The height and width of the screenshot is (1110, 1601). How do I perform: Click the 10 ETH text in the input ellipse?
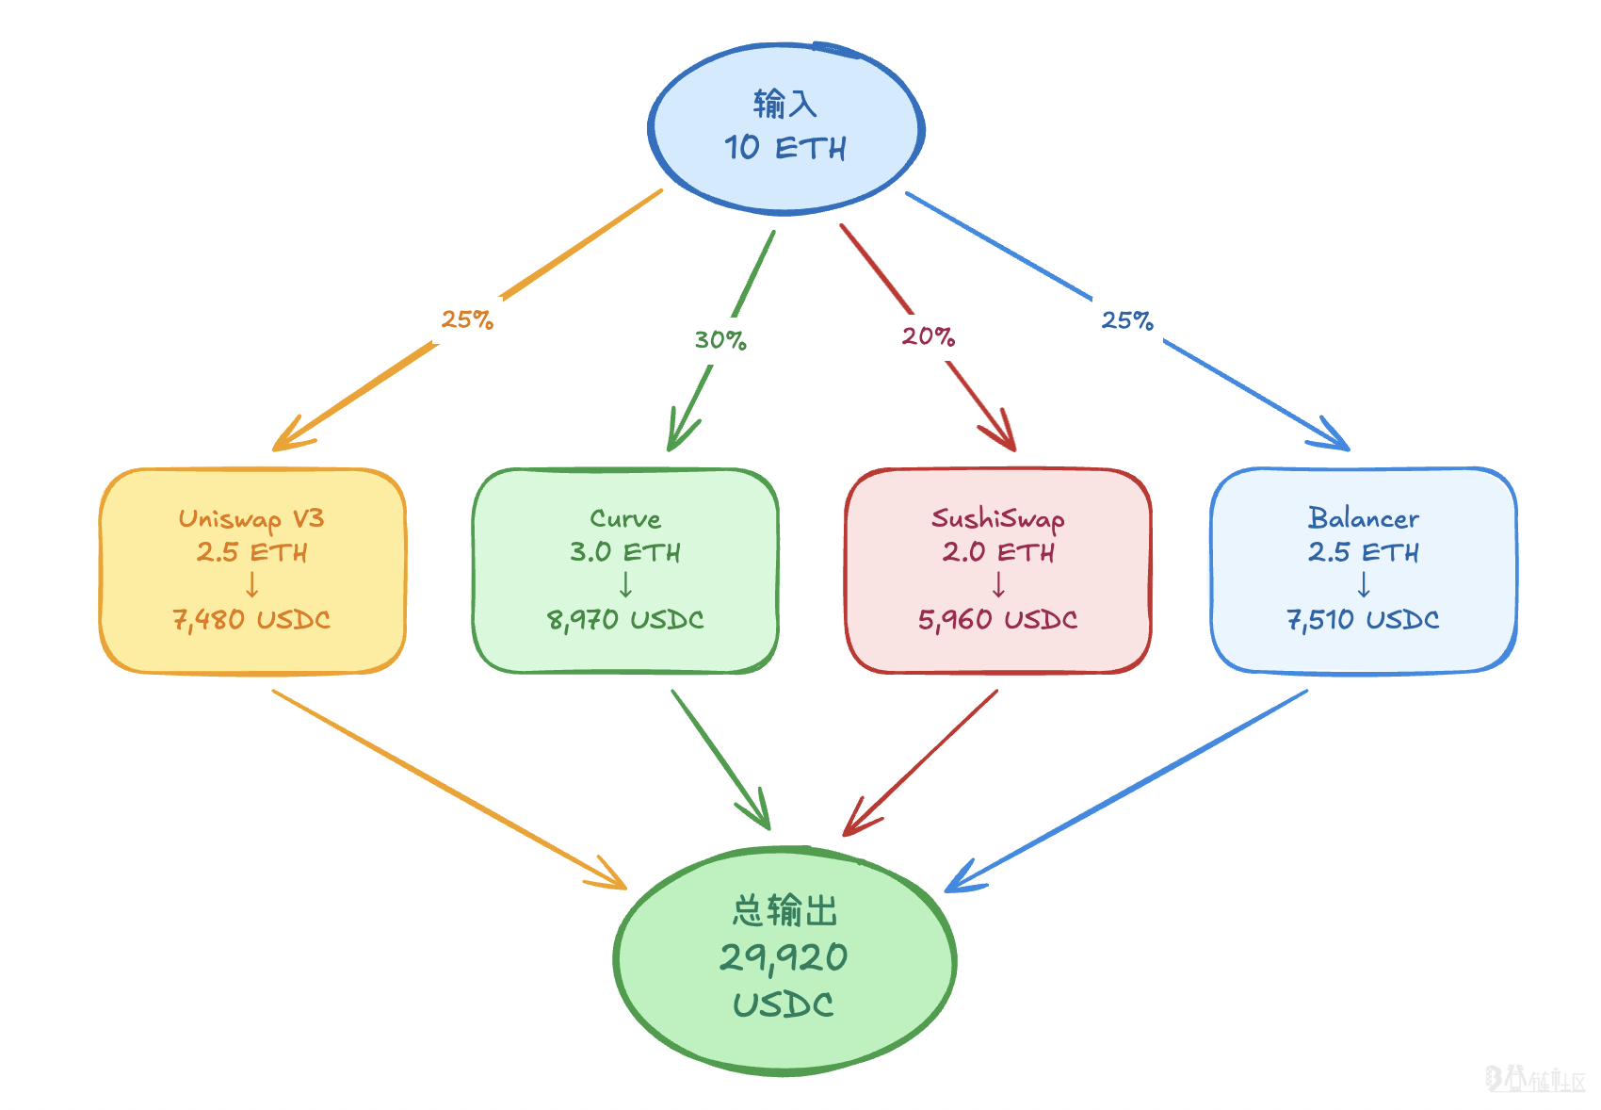click(x=784, y=148)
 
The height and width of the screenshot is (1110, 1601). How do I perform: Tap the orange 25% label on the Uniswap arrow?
click(x=467, y=320)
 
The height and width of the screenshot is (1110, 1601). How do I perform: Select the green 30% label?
click(x=720, y=340)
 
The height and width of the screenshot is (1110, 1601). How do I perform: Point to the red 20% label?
click(x=928, y=336)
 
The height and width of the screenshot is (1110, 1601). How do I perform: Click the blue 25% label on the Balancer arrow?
click(x=1127, y=321)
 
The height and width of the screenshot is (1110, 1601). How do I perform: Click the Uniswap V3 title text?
click(x=251, y=519)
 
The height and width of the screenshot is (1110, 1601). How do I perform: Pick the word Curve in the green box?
click(x=625, y=519)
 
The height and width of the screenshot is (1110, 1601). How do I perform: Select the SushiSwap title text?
click(x=998, y=519)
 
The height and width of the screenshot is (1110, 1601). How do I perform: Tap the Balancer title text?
click(x=1363, y=518)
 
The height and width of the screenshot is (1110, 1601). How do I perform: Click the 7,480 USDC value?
click(x=251, y=620)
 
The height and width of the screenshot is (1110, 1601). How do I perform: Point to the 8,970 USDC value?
click(x=625, y=620)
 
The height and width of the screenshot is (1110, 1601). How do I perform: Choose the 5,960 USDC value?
click(x=998, y=620)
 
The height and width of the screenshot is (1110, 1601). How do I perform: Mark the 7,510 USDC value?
click(x=1363, y=620)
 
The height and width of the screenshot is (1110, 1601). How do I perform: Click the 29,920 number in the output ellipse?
click(x=784, y=958)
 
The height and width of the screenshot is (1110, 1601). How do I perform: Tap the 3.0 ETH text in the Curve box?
click(x=625, y=552)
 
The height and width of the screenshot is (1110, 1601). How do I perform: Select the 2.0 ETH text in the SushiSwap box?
click(x=998, y=552)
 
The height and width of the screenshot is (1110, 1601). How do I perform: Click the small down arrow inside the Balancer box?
click(x=1364, y=586)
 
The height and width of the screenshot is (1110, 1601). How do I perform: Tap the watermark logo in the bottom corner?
click(x=1535, y=1080)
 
